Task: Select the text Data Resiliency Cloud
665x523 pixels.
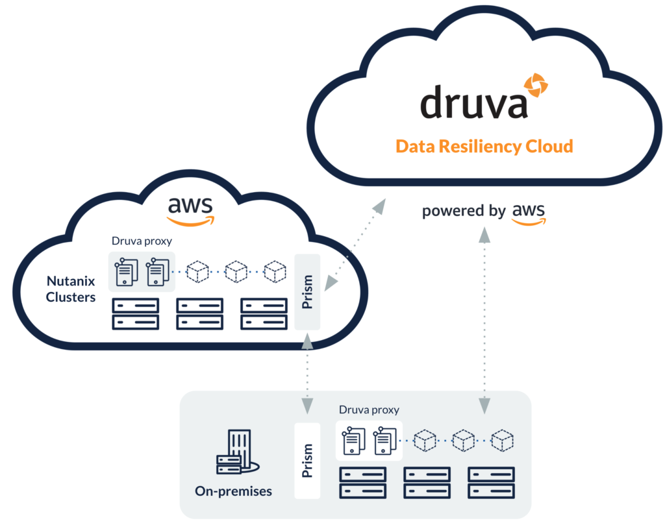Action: click(484, 146)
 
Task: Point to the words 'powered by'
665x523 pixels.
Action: click(463, 212)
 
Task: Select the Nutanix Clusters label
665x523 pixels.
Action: click(71, 289)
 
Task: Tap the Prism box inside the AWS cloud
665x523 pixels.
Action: click(308, 292)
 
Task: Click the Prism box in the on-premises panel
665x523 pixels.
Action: click(307, 461)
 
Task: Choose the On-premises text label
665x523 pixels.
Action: click(233, 491)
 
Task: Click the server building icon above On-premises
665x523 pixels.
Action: click(236, 452)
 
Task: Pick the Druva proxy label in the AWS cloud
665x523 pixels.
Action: click(142, 241)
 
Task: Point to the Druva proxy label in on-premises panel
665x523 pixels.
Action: click(369, 410)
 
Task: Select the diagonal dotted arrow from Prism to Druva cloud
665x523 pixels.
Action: click(355, 243)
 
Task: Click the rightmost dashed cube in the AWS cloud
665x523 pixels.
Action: click(275, 271)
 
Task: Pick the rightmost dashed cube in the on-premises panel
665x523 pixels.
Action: click(502, 441)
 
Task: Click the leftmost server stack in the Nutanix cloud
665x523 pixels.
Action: click(136, 313)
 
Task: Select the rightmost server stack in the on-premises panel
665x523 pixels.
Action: click(492, 482)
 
